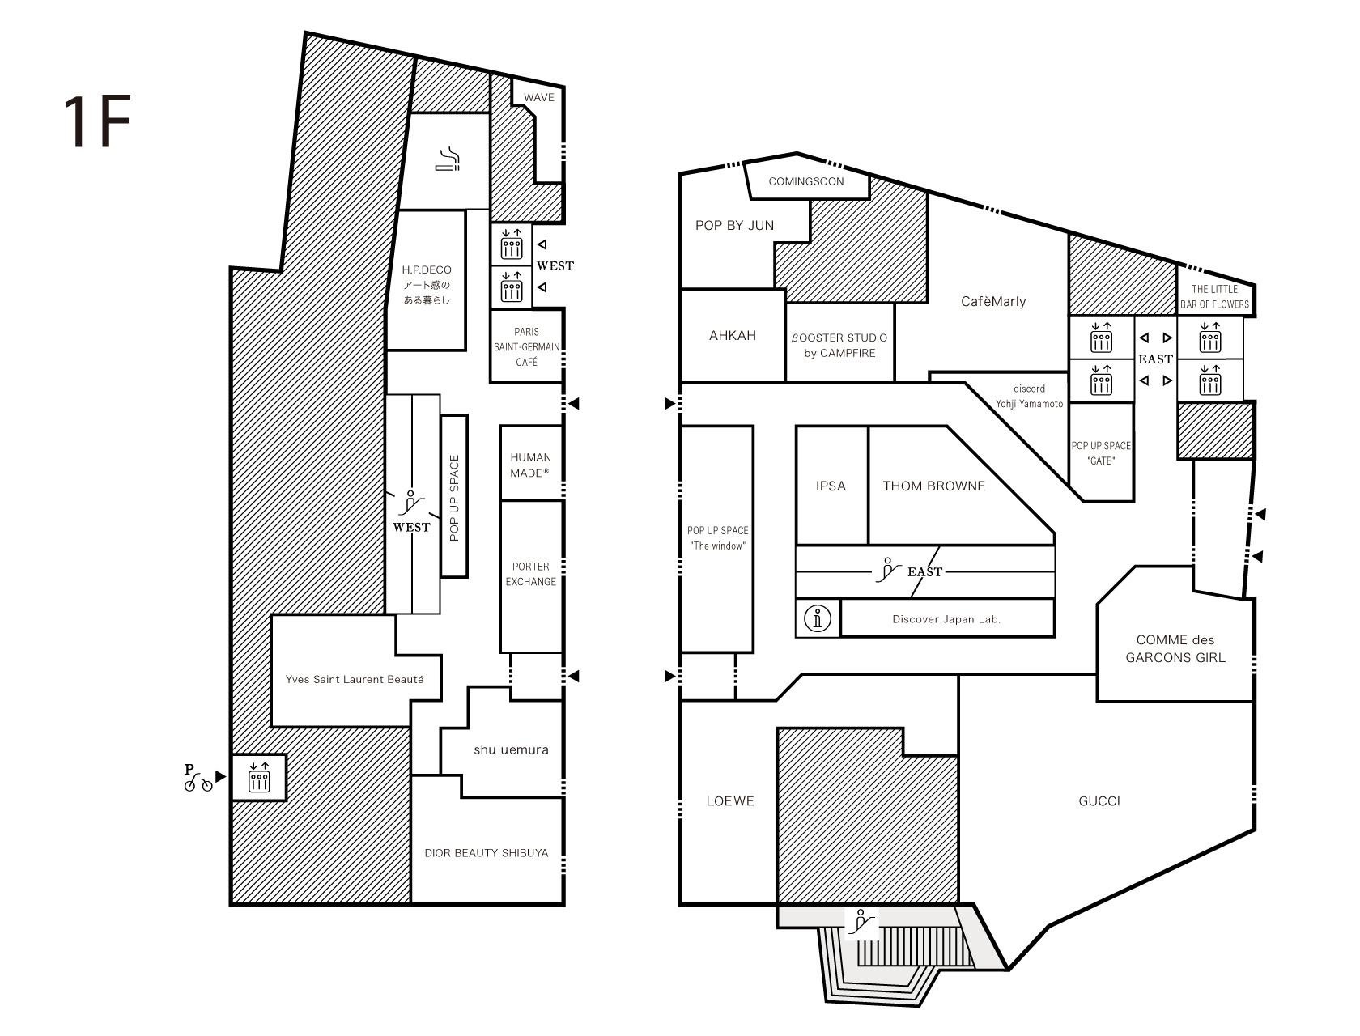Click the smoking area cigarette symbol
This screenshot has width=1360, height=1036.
[x=447, y=159]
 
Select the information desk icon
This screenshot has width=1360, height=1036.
[x=817, y=618]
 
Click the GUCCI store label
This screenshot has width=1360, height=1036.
[x=1099, y=800]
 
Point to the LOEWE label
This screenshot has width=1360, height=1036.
[x=730, y=800]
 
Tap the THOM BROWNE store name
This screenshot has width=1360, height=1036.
[x=933, y=486]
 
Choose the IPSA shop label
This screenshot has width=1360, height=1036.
[x=831, y=486]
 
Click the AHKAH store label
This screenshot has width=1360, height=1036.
[x=733, y=335]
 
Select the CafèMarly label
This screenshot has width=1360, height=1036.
[x=993, y=302]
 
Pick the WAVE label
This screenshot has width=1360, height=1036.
[x=539, y=97]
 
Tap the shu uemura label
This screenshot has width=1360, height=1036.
[x=511, y=749]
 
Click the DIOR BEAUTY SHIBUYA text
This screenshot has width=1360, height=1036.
[x=487, y=853]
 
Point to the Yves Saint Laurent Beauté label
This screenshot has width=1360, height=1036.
[x=355, y=679]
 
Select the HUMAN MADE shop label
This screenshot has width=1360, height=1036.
[x=530, y=465]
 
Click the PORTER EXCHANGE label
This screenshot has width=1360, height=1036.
[x=530, y=574]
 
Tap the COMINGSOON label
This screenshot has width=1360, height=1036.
[x=806, y=181]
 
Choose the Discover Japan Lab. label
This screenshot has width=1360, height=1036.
[x=946, y=618]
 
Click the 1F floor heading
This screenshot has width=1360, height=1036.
[x=98, y=121]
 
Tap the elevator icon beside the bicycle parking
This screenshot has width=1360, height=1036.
[x=259, y=778]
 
